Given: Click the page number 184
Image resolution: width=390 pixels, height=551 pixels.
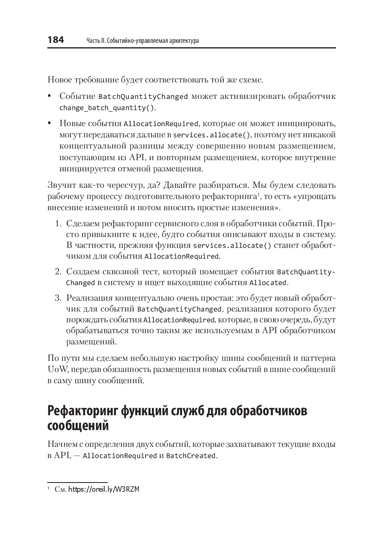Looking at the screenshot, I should pyautogui.click(x=56, y=40).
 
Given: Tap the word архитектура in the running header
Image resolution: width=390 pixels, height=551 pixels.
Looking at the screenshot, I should pyautogui.click(x=182, y=41).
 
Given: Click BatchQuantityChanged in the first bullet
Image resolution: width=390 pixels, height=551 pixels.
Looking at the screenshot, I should pyautogui.click(x=143, y=97).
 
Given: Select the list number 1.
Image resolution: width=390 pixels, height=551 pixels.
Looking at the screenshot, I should pyautogui.click(x=58, y=223).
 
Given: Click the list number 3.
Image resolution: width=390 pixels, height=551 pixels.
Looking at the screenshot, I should pyautogui.click(x=58, y=298).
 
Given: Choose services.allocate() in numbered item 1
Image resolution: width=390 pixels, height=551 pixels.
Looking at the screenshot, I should pyautogui.click(x=232, y=245).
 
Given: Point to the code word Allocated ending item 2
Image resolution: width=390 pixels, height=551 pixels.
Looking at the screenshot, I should pyautogui.click(x=267, y=283).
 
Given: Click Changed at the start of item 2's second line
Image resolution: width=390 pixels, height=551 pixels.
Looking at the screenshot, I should pyautogui.click(x=80, y=283).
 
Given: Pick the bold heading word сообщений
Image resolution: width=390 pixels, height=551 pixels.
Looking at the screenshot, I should pyautogui.click(x=78, y=426).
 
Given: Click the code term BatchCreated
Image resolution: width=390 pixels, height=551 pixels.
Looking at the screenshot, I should pyautogui.click(x=191, y=456).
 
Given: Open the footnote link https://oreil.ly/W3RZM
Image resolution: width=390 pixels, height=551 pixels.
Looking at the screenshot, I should pyautogui.click(x=104, y=489).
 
